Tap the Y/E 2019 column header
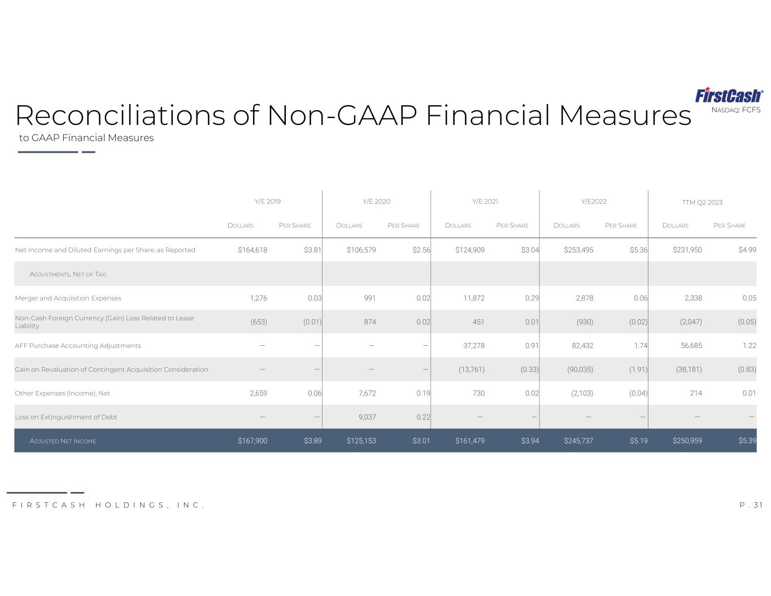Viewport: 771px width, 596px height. (x=268, y=202)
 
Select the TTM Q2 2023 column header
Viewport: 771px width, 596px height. (x=702, y=202)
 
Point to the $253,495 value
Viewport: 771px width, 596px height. (x=578, y=250)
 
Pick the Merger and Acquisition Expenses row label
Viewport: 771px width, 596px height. (x=68, y=298)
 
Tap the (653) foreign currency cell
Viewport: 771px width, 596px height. (x=259, y=322)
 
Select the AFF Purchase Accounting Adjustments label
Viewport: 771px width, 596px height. (x=77, y=346)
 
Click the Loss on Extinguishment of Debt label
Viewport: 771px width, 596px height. (x=66, y=417)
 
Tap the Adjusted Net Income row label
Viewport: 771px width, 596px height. (x=63, y=441)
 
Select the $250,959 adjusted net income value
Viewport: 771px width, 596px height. (x=687, y=441)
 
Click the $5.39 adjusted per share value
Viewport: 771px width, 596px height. (x=747, y=441)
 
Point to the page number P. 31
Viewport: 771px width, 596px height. (x=751, y=505)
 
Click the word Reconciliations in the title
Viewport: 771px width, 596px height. (x=120, y=115)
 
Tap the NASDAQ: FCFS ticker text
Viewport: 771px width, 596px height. (x=736, y=110)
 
